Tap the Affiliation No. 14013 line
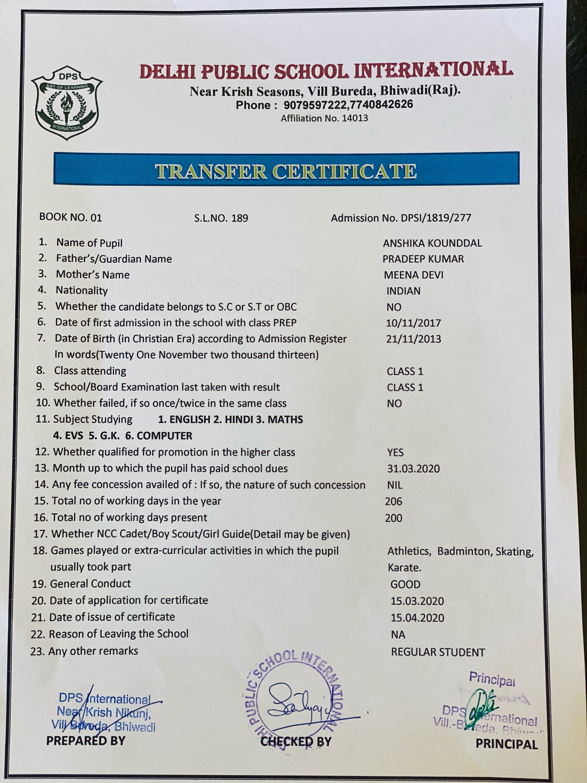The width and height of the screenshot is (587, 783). pos(324,118)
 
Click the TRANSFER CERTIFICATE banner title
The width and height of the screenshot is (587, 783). pos(286,171)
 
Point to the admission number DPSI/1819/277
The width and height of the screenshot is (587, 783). pos(436,218)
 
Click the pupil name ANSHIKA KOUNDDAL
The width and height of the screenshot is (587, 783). pos(432,243)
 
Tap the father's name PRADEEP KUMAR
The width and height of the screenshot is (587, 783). pos(423,259)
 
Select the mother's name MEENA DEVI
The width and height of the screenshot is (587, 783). pos(413,275)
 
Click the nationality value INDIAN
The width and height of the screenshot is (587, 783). pos(403,291)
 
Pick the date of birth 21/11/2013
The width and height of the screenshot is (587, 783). pos(413,339)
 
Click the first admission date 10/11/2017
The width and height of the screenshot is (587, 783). pos(413,323)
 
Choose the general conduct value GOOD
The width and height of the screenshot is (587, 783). pos(405,584)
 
